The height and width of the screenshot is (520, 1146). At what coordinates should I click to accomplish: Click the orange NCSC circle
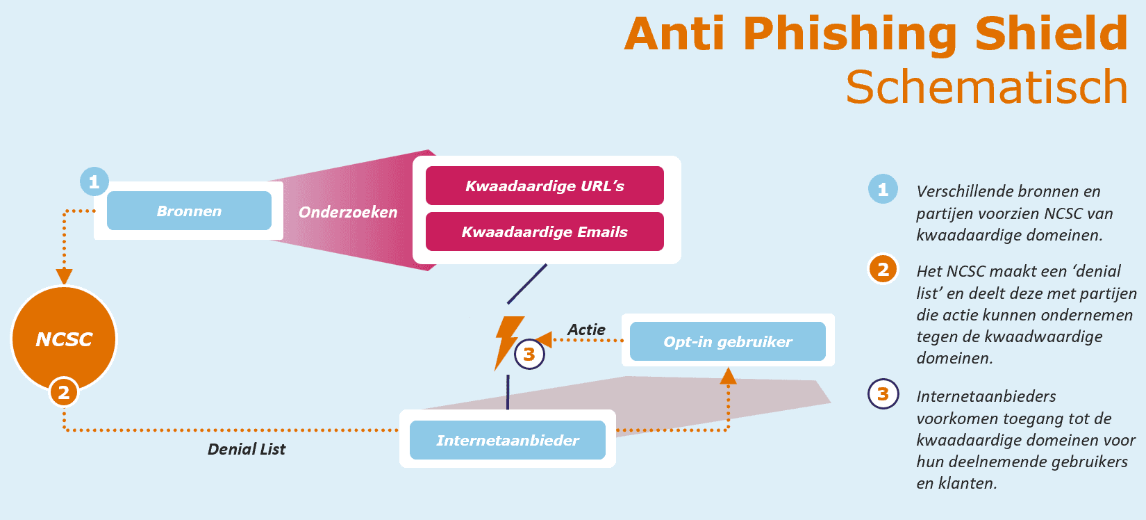[x=64, y=339]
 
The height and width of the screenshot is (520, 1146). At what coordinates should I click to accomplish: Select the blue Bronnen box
[x=189, y=211]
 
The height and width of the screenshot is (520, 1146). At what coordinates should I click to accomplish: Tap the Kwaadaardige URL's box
[x=545, y=186]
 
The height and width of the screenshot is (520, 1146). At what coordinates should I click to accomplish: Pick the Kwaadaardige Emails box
[x=545, y=231]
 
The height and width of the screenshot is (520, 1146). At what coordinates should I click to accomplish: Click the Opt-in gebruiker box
[x=727, y=341]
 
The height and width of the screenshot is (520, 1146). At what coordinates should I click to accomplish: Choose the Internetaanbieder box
[x=507, y=440]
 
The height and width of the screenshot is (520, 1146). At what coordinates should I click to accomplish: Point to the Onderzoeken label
[x=348, y=212]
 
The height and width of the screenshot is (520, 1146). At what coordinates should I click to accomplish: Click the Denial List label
[x=247, y=449]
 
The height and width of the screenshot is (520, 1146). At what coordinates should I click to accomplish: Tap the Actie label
[x=586, y=330]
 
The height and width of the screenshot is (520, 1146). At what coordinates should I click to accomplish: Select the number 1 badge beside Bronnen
[x=94, y=182]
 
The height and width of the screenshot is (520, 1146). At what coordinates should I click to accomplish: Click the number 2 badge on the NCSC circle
[x=64, y=393]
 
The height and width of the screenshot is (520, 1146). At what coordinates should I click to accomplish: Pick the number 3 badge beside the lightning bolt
[x=529, y=355]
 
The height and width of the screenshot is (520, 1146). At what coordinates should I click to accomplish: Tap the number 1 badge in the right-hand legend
[x=883, y=189]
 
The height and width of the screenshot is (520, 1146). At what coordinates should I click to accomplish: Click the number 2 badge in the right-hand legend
[x=883, y=269]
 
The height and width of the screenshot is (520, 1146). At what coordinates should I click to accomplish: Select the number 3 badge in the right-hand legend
[x=883, y=394]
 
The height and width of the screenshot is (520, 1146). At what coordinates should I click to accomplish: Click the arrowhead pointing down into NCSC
[x=64, y=276]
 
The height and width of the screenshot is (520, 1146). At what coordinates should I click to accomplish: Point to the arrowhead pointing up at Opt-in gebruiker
[x=728, y=377]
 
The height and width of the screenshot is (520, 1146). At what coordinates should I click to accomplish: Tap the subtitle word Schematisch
[x=986, y=87]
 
